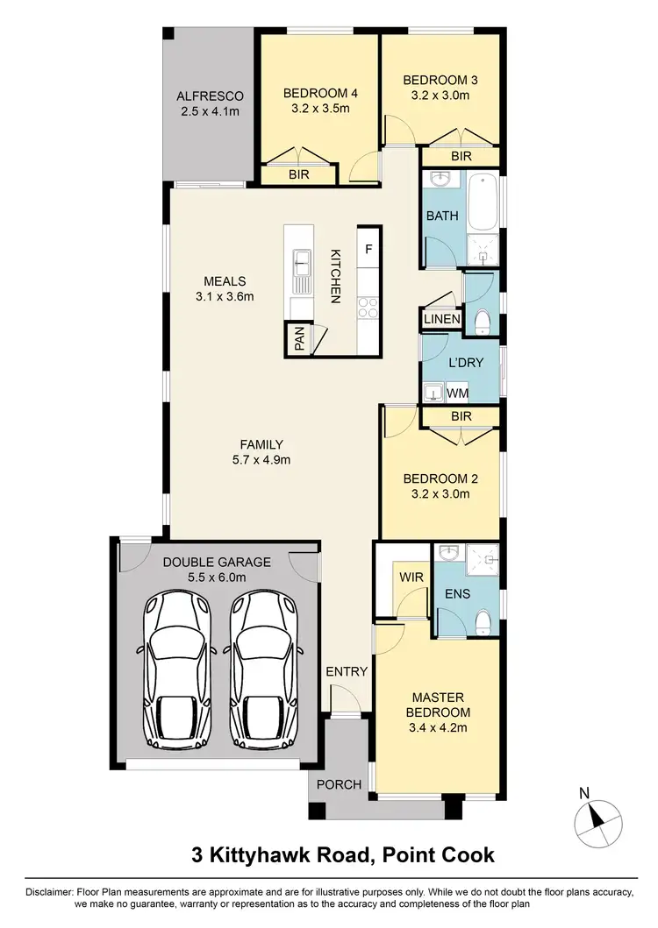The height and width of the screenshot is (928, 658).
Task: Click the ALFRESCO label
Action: tap(209, 96)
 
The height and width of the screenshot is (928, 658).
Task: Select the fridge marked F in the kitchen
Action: tap(368, 249)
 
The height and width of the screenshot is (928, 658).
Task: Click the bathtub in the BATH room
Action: tap(483, 202)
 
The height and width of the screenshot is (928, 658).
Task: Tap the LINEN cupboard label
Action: tap(442, 319)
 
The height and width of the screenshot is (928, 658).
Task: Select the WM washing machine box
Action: tap(457, 392)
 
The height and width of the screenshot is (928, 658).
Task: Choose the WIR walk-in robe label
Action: tap(411, 577)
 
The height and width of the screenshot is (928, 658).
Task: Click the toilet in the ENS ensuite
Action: tap(483, 620)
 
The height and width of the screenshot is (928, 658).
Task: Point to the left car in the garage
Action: tap(177, 663)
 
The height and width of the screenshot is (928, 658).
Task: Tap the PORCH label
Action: tap(340, 784)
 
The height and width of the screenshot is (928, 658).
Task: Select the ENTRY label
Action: tap(347, 671)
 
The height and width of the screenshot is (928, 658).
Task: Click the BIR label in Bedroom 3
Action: tap(461, 156)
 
